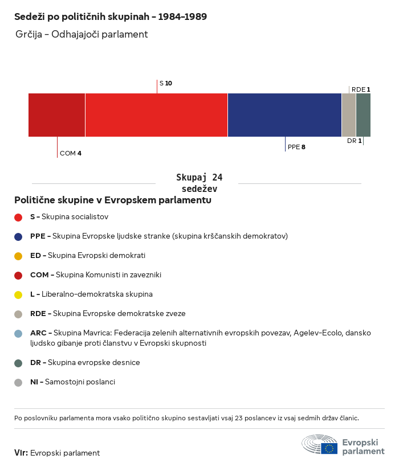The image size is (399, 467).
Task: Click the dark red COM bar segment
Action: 56,115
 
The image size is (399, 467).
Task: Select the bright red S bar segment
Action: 156,115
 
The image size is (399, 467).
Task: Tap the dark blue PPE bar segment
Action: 284,115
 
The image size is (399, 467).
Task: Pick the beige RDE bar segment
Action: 349,115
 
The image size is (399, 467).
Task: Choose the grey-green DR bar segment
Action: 363,115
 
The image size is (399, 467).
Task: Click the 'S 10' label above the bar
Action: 166,83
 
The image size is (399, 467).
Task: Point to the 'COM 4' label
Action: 71,153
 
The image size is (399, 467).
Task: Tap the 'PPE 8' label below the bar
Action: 296,147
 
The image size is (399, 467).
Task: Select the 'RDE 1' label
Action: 361,89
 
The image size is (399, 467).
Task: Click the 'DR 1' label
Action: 355,141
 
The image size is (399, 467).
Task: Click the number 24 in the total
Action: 217,178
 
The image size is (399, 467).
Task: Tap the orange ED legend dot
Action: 18,256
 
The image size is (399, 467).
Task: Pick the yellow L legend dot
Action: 18,295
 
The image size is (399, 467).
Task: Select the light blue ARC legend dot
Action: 18,334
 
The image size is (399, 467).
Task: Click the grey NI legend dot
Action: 18,383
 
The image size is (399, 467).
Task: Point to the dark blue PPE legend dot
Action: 18,237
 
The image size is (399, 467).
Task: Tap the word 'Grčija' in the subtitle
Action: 28,35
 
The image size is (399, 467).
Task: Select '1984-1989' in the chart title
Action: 182,17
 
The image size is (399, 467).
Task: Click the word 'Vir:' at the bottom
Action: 21,453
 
